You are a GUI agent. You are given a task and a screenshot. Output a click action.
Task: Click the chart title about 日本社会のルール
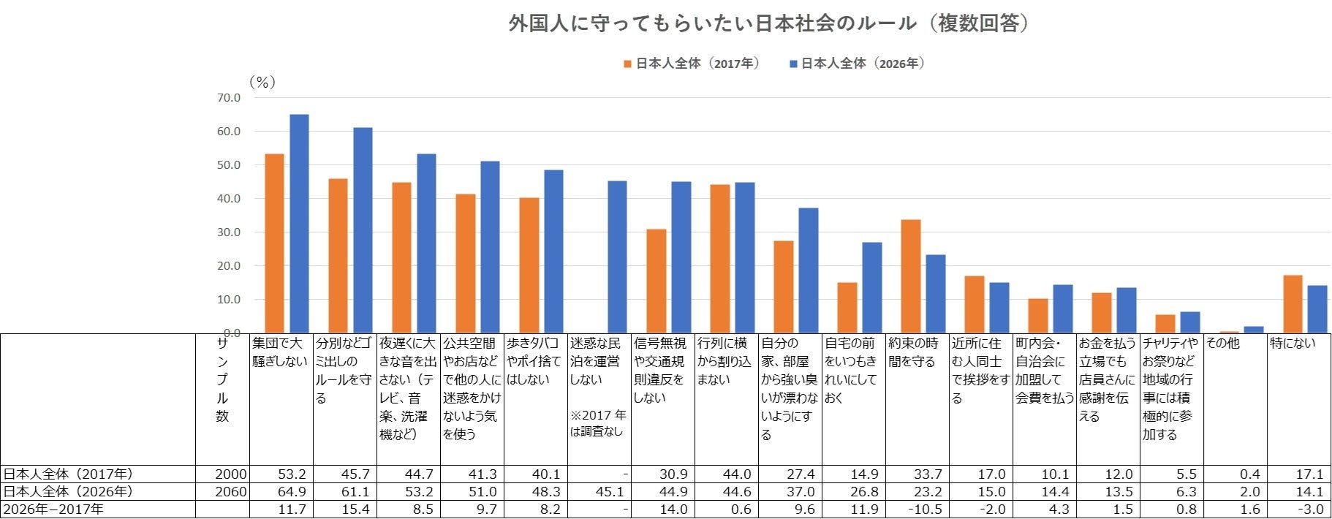(x=769, y=23)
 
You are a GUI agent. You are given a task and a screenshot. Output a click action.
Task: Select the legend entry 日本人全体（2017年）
(x=691, y=64)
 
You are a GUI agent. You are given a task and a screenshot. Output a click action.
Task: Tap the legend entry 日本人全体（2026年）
(x=857, y=64)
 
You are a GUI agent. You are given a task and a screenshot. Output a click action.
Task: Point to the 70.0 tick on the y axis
(x=228, y=98)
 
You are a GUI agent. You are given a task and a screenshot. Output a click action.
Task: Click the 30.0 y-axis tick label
(x=228, y=232)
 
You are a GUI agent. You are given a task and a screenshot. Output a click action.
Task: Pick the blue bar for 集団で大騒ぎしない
(x=299, y=224)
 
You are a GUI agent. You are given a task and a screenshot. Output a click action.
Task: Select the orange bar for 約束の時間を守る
(x=910, y=276)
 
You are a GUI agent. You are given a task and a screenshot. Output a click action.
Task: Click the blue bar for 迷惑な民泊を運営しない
(x=617, y=257)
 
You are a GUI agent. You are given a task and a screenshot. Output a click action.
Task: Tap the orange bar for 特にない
(x=1293, y=304)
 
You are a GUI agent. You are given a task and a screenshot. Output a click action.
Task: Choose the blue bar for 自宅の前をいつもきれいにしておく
(x=872, y=288)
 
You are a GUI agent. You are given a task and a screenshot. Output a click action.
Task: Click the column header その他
(x=1222, y=343)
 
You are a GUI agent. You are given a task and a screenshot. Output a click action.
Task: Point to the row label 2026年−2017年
(x=53, y=509)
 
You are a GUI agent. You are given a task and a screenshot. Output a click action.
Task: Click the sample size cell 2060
(x=231, y=492)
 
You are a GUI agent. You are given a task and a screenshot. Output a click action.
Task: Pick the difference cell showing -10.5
(x=925, y=509)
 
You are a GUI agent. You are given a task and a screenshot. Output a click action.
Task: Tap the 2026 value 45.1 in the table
(x=610, y=492)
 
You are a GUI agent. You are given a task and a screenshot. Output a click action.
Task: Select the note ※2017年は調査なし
(x=597, y=423)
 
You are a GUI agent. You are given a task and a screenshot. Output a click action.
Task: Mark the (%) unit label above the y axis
(x=262, y=83)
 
